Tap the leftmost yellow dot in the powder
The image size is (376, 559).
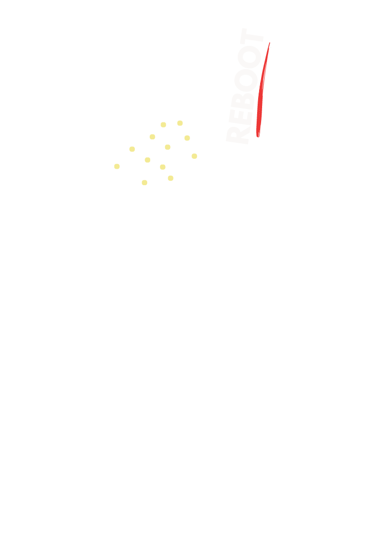tap(117, 166)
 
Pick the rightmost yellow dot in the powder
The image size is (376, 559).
tap(194, 156)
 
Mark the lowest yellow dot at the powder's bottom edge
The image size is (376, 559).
tap(144, 183)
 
